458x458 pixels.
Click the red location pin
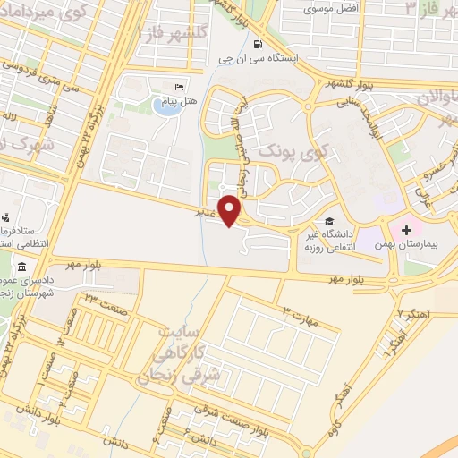coord(230,209)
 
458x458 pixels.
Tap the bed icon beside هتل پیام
coord(180,86)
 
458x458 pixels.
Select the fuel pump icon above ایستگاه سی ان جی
coord(259,45)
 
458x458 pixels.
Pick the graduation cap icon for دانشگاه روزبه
coord(329,222)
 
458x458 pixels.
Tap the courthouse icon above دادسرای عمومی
coord(21,267)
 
